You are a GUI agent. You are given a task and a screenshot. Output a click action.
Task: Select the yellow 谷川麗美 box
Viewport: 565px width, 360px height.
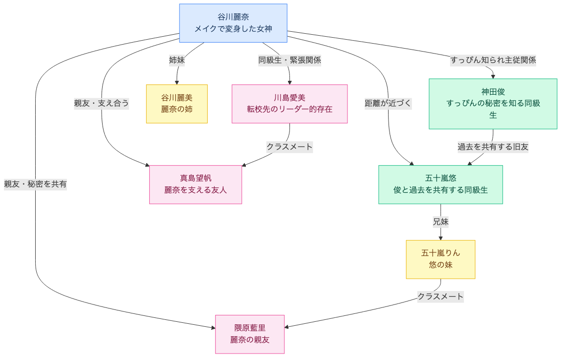pyautogui.click(x=176, y=104)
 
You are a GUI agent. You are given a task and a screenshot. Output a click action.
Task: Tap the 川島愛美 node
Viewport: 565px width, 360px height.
pyautogui.click(x=289, y=104)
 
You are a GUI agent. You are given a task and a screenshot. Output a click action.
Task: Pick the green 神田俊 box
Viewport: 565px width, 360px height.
pyautogui.click(x=493, y=104)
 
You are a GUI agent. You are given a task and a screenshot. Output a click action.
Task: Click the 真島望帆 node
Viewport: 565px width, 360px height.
pyautogui.click(x=195, y=184)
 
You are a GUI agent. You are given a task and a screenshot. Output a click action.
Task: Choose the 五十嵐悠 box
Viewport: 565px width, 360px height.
pyautogui.click(x=440, y=184)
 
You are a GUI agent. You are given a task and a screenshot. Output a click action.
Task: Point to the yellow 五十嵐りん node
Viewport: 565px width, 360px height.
pyautogui.click(x=440, y=259)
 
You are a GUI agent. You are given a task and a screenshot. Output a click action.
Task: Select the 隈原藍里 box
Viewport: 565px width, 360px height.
pyautogui.click(x=250, y=334)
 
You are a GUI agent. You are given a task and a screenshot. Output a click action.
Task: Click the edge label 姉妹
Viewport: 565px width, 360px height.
pyautogui.click(x=177, y=60)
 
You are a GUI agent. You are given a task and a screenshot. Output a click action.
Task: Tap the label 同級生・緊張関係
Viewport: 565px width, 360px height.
pyautogui.click(x=289, y=60)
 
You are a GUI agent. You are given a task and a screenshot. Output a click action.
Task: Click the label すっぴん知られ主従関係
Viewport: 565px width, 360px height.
pyautogui.click(x=493, y=60)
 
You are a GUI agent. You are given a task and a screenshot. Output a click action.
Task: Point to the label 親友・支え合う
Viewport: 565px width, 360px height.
pyautogui.click(x=102, y=103)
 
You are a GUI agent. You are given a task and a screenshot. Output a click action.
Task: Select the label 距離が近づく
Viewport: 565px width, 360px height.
pyautogui.click(x=388, y=103)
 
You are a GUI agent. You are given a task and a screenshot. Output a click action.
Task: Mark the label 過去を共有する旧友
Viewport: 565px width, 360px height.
pyautogui.click(x=493, y=147)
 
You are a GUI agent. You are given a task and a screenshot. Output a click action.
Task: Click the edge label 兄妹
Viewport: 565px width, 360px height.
pyautogui.click(x=440, y=222)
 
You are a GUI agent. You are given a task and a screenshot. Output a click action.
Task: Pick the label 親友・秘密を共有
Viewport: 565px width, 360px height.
pyautogui.click(x=35, y=184)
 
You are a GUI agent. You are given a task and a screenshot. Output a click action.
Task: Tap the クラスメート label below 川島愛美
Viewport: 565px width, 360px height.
pyautogui.click(x=289, y=147)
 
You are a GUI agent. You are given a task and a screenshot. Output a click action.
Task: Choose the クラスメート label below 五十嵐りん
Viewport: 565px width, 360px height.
pyautogui.click(x=440, y=297)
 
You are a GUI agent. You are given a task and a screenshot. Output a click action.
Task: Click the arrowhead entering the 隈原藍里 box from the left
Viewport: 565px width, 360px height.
pyautogui.click(x=213, y=327)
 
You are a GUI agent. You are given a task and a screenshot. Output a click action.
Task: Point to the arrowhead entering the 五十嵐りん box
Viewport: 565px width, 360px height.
pyautogui.click(x=440, y=238)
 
